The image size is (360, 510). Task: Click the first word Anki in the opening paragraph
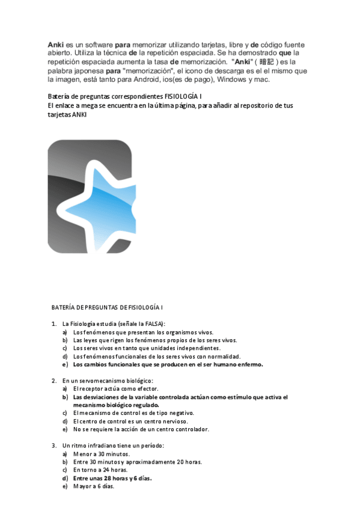[x=56, y=45]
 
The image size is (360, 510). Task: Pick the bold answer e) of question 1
[x=168, y=364]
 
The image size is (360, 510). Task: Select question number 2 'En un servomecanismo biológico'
[x=108, y=381]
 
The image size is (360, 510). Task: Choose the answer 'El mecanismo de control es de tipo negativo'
[x=133, y=413]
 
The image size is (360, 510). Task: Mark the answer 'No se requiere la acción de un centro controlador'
[x=141, y=429]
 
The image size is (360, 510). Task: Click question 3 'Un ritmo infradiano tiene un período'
[x=113, y=446]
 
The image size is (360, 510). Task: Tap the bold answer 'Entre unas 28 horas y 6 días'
[x=112, y=478]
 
